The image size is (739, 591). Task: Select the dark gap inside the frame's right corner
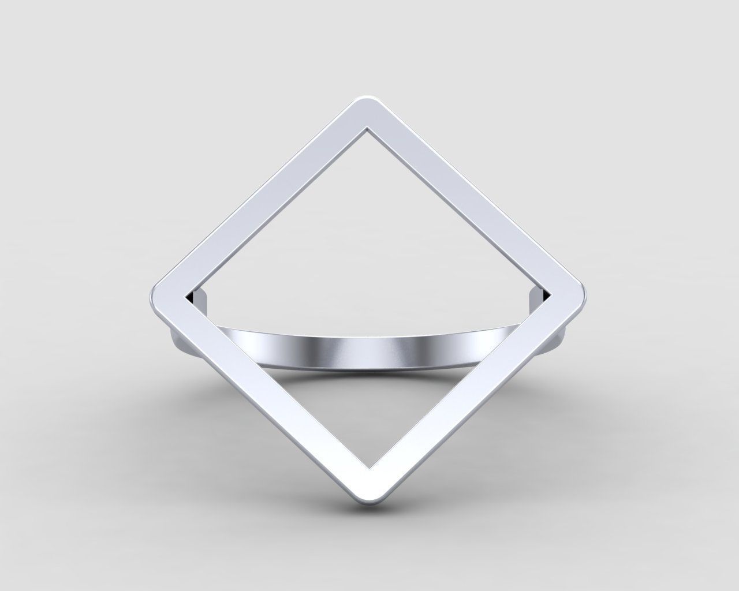coord(547,295)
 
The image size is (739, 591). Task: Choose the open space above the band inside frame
coord(369,242)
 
